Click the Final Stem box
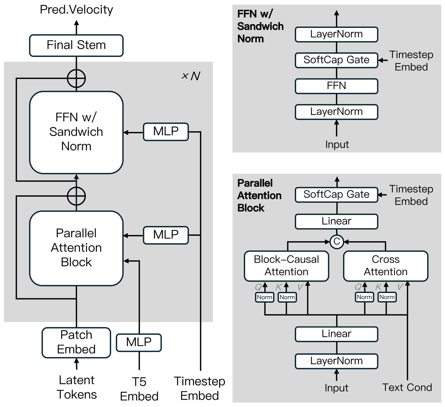(76, 45)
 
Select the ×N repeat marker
(191, 76)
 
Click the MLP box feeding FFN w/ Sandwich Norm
(166, 132)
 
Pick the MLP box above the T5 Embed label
(139, 342)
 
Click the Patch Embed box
(76, 342)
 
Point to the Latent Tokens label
(77, 387)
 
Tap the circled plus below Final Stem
(76, 79)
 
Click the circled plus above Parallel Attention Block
(76, 196)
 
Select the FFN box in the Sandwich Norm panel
(336, 86)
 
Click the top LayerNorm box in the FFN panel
(336, 35)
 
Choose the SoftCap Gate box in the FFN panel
(336, 60)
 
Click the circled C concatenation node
(337, 242)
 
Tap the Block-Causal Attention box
(286, 266)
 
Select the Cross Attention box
(385, 266)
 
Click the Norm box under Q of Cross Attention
(364, 297)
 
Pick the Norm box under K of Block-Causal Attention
(287, 297)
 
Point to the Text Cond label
(407, 388)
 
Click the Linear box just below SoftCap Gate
(336, 221)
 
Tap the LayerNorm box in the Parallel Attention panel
(336, 361)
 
